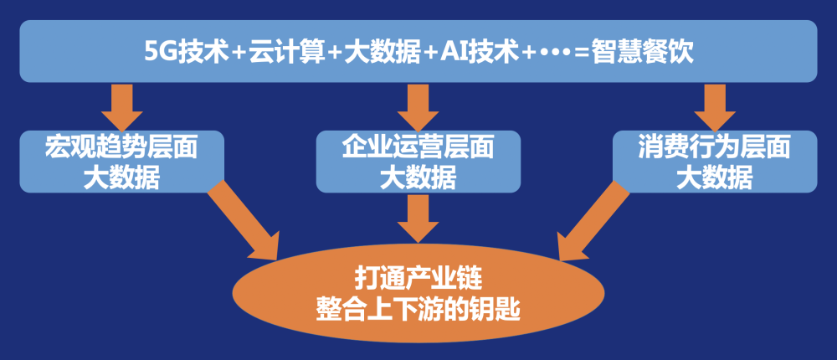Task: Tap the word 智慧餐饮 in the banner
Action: [642, 53]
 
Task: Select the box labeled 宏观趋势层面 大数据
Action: [121, 162]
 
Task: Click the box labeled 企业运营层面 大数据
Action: [418, 162]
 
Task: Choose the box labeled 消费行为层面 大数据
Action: [715, 162]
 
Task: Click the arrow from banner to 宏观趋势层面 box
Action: [121, 107]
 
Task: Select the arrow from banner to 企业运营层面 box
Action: [418, 107]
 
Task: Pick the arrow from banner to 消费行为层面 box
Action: [715, 107]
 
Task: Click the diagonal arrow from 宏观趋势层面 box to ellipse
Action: [244, 220]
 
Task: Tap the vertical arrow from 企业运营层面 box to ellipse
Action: [418, 218]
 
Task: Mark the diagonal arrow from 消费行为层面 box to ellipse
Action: [593, 220]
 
